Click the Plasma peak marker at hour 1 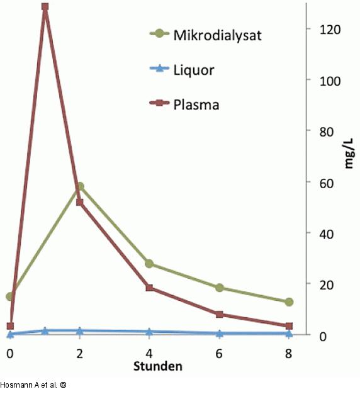tap(45, 7)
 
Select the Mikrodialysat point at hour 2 tap(79, 187)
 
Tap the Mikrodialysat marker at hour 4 tap(149, 264)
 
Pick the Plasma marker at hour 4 tap(149, 288)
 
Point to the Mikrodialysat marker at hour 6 tap(219, 288)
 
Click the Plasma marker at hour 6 tap(219, 314)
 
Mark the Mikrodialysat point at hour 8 tap(289, 302)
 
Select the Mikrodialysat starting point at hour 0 tap(9, 296)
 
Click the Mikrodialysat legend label tap(217, 35)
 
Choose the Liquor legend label tap(193, 70)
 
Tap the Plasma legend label tap(196, 104)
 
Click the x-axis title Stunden tap(157, 366)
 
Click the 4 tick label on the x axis tap(149, 353)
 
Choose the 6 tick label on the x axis tap(219, 353)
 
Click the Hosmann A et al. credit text tap(32, 385)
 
